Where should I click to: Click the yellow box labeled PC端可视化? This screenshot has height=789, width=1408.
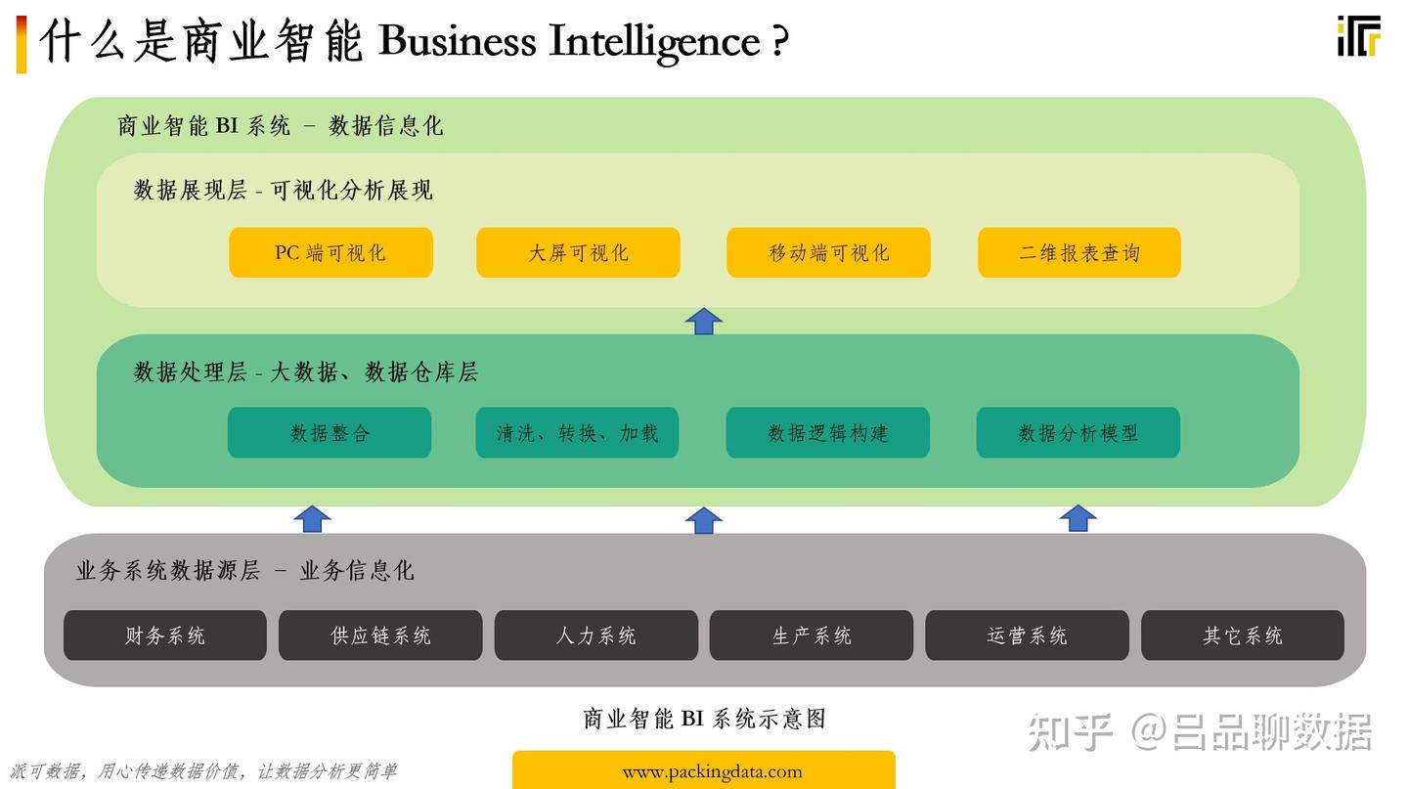click(x=330, y=252)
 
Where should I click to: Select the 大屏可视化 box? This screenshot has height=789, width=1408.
click(x=578, y=252)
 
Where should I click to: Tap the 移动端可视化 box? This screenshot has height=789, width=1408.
click(x=828, y=252)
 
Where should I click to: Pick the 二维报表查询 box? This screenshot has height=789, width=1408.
click(x=1079, y=252)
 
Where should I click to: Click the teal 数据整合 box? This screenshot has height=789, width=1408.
click(x=330, y=432)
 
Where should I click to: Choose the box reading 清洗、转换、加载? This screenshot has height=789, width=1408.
click(x=577, y=432)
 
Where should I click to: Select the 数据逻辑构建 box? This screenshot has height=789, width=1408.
click(x=827, y=432)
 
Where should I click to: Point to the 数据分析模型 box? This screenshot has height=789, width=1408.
click(x=1078, y=432)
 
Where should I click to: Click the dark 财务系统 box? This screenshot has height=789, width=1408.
click(x=165, y=636)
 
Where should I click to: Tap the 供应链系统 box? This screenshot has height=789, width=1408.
click(x=380, y=636)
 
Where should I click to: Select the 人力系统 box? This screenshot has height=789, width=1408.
click(x=596, y=636)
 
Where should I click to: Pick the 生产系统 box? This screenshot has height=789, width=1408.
click(x=812, y=636)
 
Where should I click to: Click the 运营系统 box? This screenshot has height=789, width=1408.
click(x=1027, y=636)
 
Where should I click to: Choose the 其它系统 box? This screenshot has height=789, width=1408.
click(x=1243, y=636)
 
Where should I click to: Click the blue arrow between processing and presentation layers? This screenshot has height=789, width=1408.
click(x=703, y=322)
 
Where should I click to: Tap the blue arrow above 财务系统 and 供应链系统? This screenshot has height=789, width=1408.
click(x=312, y=519)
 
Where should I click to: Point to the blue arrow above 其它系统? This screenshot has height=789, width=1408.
click(x=1078, y=518)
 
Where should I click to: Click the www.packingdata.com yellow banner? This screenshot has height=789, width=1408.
click(x=703, y=770)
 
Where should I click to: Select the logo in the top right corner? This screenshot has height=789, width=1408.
click(x=1358, y=36)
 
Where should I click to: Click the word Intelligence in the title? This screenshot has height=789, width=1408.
click(x=653, y=42)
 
